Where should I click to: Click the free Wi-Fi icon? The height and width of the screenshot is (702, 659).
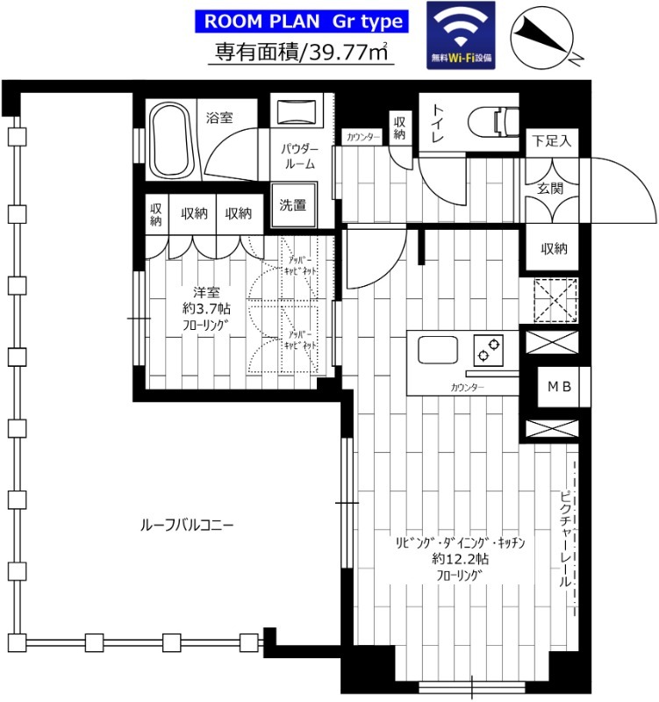462,36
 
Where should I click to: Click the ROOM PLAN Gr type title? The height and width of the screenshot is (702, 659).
304,21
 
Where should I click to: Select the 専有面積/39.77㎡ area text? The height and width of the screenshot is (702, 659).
304,53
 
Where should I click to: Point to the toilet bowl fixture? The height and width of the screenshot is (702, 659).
491,120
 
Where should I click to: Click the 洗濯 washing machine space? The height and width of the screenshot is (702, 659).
292,205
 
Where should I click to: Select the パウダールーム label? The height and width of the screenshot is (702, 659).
298,156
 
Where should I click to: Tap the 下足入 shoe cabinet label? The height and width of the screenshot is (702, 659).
552,140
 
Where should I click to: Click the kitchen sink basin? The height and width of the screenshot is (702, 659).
439,351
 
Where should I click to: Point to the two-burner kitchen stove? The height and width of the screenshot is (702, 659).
488,351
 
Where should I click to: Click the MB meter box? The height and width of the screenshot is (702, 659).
559,387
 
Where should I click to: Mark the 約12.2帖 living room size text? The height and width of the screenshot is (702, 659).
460,559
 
